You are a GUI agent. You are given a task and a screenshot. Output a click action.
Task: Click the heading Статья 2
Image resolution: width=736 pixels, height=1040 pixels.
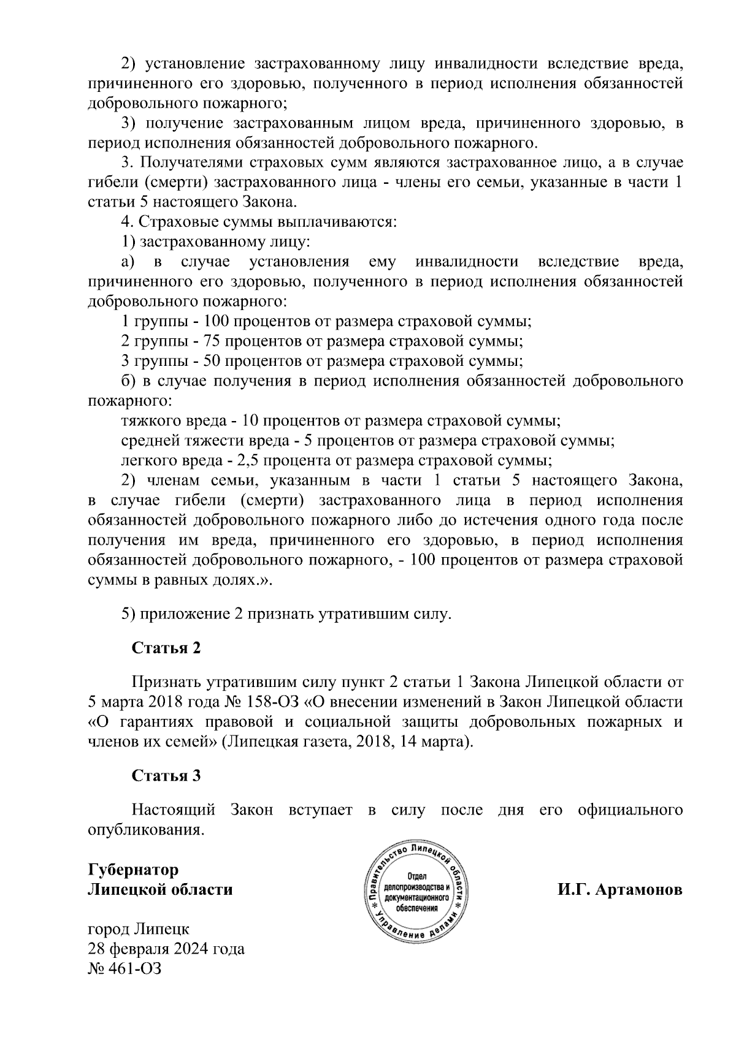tap(166, 648)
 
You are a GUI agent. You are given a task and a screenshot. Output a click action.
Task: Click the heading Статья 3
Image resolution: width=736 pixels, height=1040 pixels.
tap(166, 776)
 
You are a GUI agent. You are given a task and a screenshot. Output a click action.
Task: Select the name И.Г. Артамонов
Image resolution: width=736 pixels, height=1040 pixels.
tap(619, 889)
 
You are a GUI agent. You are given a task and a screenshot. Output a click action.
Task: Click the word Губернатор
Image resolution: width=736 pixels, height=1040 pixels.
tap(133, 870)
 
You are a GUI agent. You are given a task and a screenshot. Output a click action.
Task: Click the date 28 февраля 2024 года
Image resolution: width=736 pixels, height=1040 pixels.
tap(166, 949)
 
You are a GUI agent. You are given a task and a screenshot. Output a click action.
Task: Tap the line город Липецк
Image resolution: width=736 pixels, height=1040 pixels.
tap(139, 929)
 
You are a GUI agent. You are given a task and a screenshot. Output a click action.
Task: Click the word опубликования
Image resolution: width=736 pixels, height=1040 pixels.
tap(145, 830)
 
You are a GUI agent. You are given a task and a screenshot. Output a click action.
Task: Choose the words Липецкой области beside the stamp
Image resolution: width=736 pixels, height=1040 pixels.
tap(160, 889)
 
